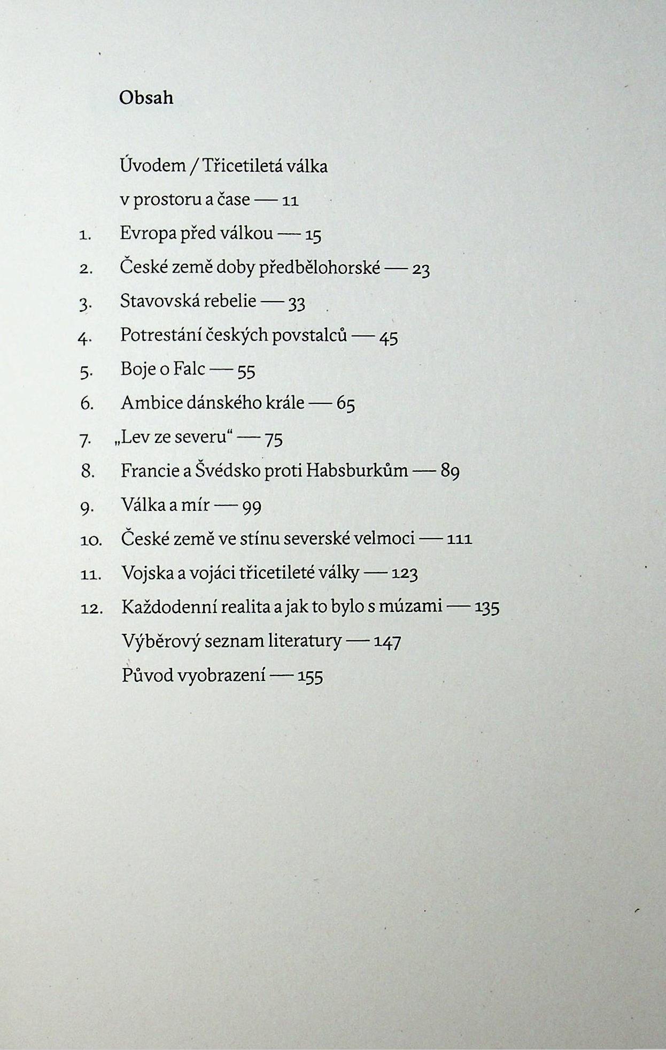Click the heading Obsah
pos(146,97)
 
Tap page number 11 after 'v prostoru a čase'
pos(289,201)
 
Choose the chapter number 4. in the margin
pos(86,338)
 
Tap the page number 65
pos(345,404)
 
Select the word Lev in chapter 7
pos(131,437)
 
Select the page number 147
pos(387,641)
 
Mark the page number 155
pos(310,676)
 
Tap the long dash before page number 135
pos(459,607)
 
